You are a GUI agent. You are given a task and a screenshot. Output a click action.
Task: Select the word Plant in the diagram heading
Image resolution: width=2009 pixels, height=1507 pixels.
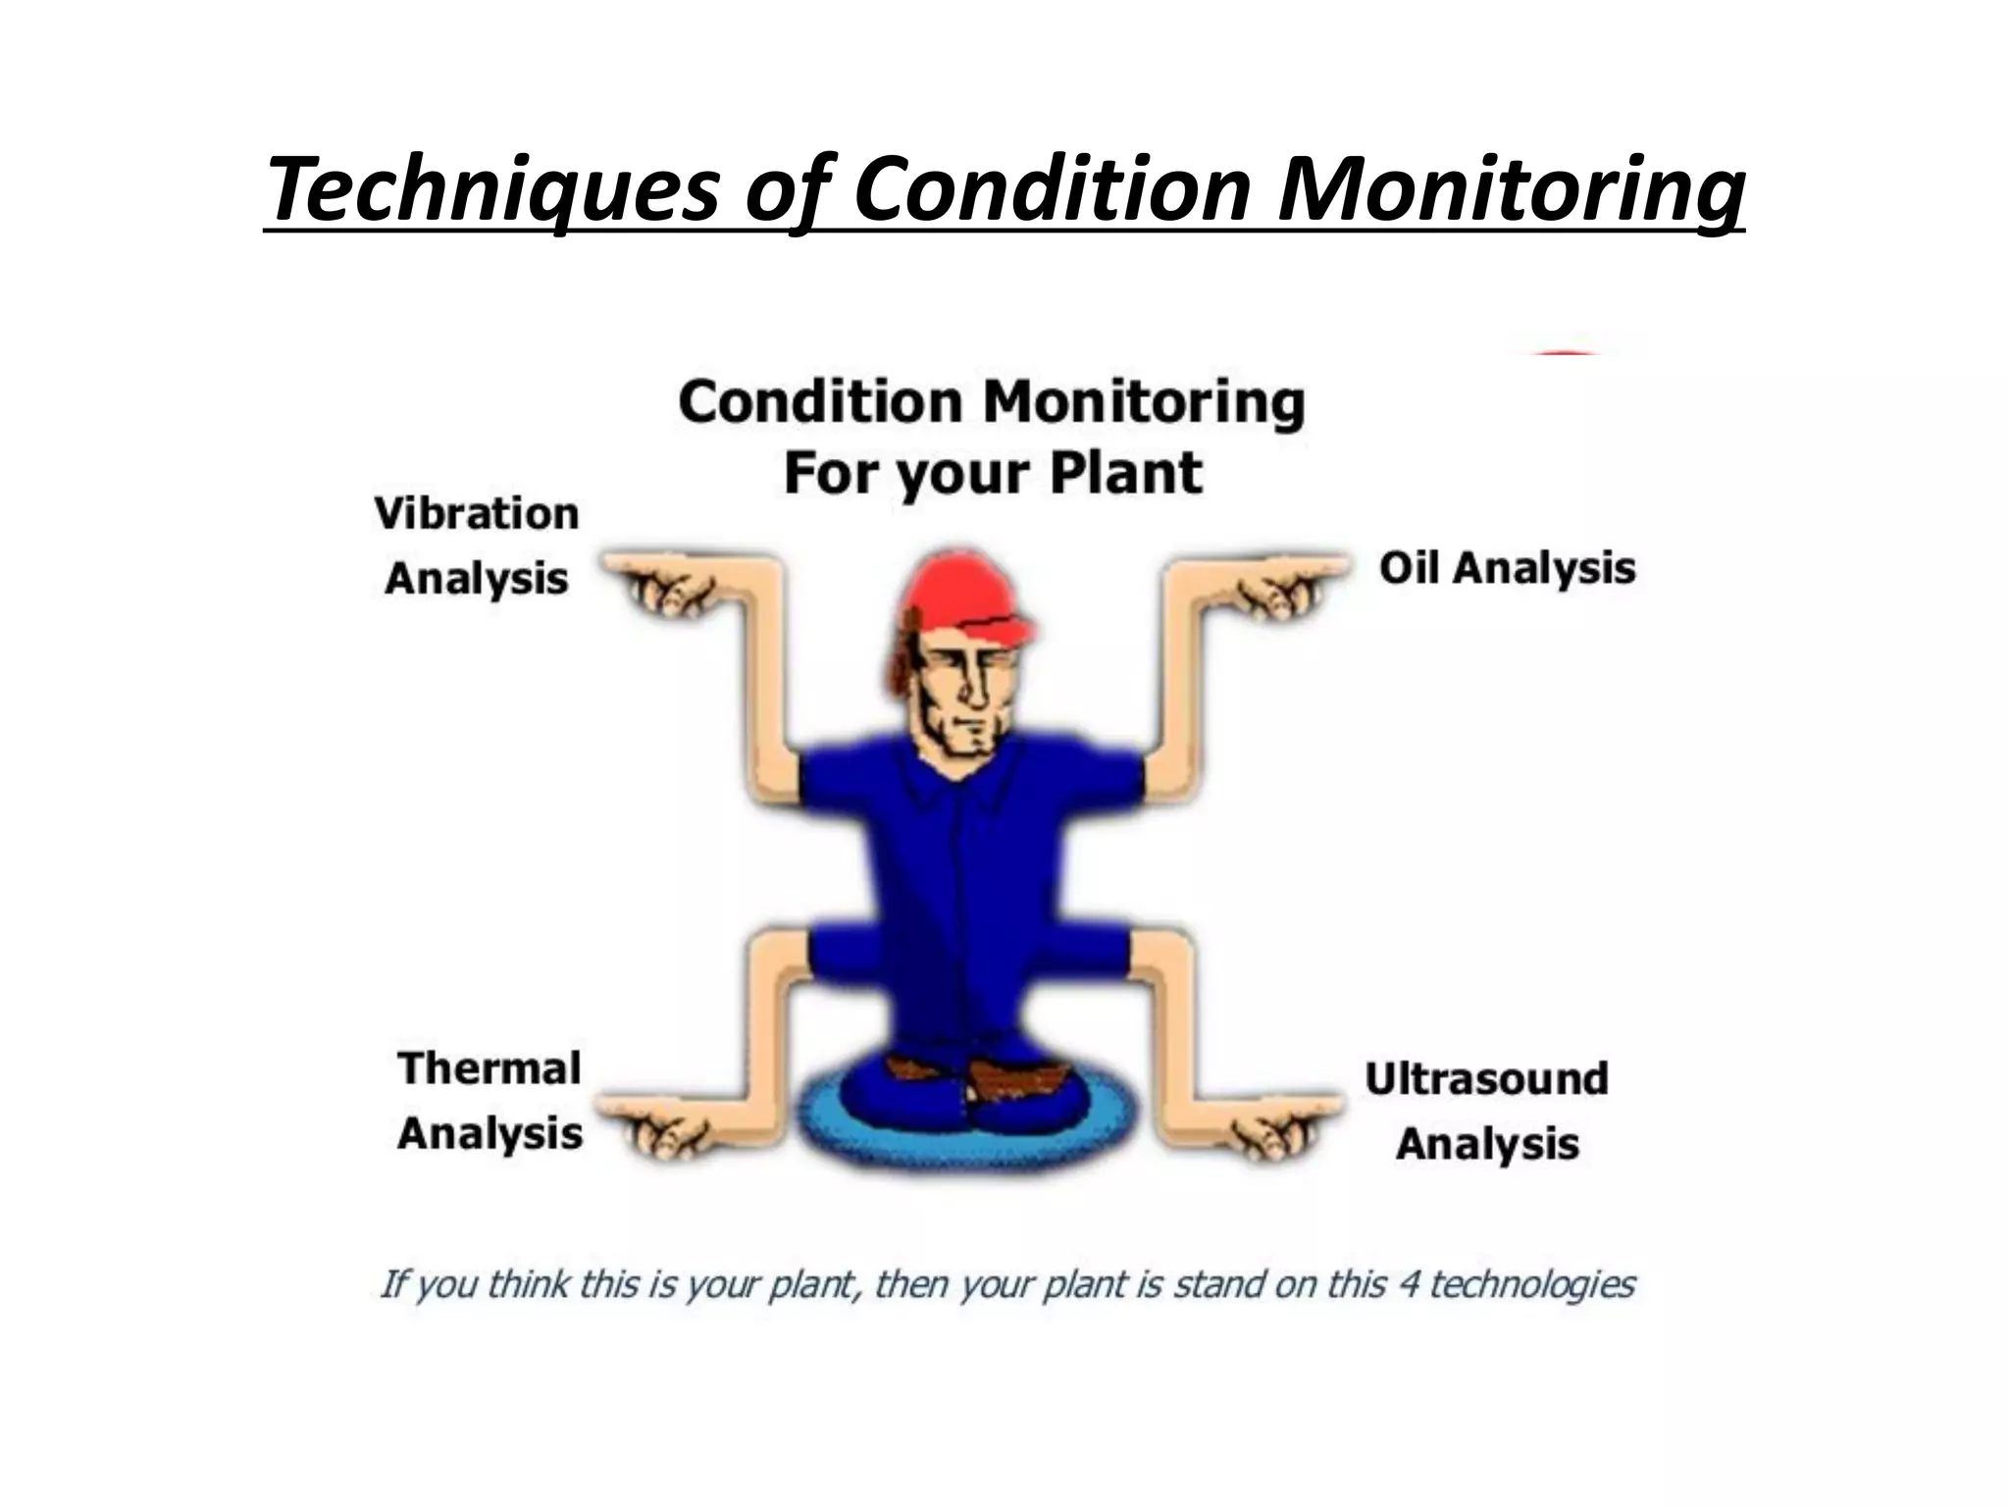point(1125,472)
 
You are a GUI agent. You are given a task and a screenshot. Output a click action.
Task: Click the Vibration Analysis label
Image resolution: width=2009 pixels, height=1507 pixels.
point(477,546)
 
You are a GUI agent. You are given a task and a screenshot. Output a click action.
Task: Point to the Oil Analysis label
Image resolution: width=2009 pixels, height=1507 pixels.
point(1507,568)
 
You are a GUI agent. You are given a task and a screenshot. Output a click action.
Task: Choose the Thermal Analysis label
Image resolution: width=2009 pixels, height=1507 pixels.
point(489,1101)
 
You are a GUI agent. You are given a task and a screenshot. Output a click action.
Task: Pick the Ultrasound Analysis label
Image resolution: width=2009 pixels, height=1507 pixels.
point(1487,1111)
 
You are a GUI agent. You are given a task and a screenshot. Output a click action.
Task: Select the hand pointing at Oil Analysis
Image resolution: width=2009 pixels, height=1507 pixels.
point(1285,584)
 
